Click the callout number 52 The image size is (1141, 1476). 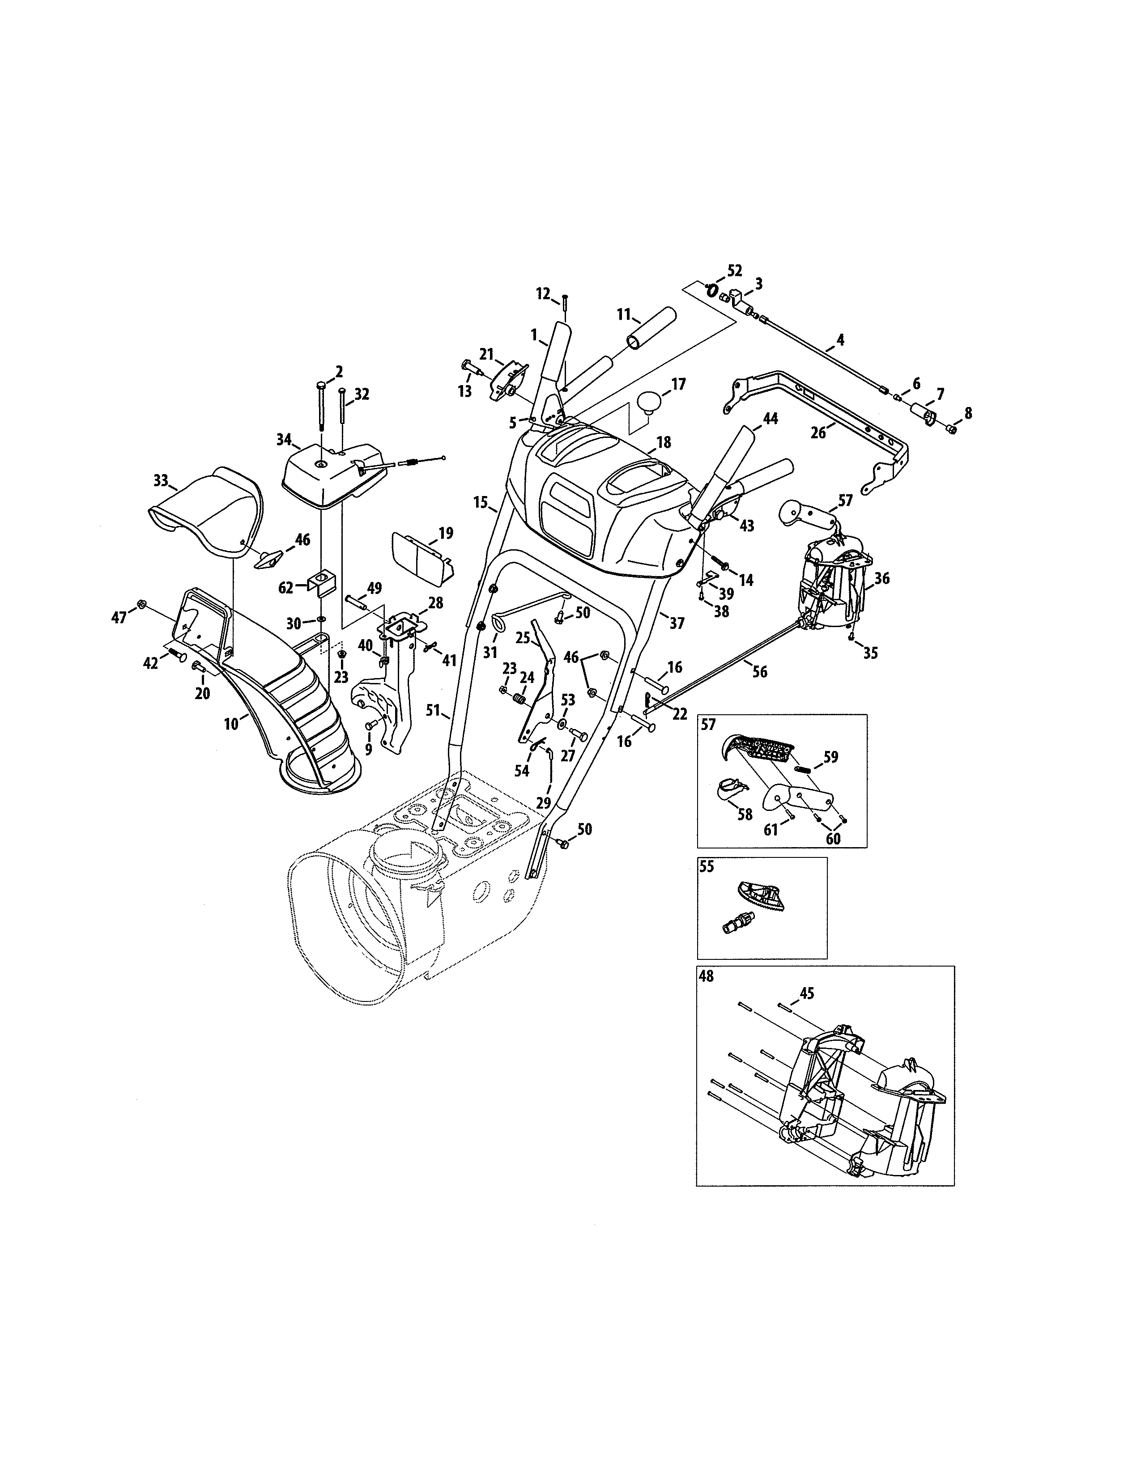tap(735, 270)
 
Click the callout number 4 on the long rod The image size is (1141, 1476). tap(840, 339)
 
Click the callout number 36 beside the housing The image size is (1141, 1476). tap(881, 578)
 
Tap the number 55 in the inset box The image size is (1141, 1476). tap(707, 866)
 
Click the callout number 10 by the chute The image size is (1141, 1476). tap(231, 724)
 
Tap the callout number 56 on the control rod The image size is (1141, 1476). tap(760, 672)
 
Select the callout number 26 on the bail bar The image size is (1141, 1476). tap(818, 433)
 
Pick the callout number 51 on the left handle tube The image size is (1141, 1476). tap(433, 710)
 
